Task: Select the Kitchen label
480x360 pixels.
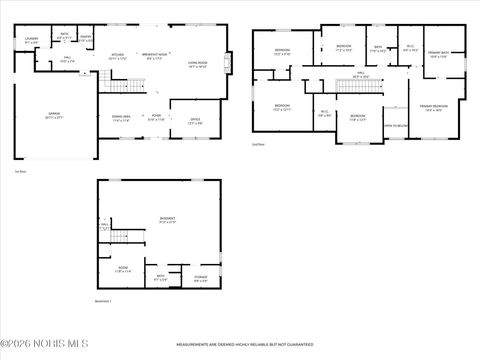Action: point(117,55)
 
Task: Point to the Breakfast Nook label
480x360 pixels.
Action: point(153,55)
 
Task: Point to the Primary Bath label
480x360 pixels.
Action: point(439,55)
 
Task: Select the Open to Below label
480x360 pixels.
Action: point(396,126)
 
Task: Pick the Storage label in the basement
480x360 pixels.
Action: point(200,279)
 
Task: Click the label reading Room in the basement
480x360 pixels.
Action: point(123,269)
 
